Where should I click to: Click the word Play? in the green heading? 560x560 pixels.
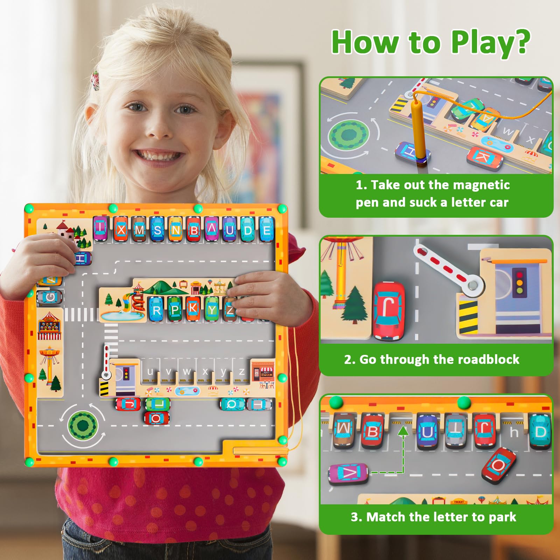[491, 42]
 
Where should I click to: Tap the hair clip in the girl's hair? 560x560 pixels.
[95, 80]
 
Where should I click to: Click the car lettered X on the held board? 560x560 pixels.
[121, 229]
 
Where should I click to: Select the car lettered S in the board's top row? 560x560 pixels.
[158, 229]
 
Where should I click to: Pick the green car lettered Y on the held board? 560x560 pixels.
[212, 309]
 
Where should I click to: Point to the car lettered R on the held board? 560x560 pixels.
[156, 309]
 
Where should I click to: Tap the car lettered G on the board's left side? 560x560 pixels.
[50, 297]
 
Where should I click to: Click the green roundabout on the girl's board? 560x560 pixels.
[83, 426]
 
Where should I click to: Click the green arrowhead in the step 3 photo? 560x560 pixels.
[403, 430]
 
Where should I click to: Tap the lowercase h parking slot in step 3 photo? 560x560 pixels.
[514, 432]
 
